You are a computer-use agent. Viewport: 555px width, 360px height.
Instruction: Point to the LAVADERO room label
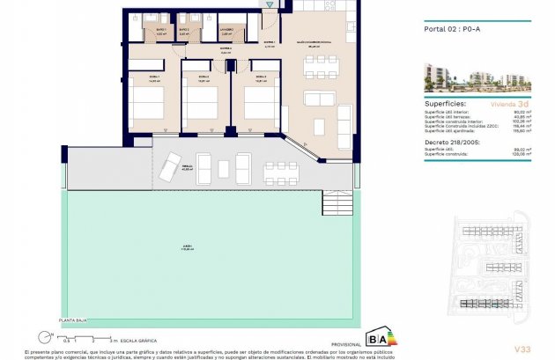226,31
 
